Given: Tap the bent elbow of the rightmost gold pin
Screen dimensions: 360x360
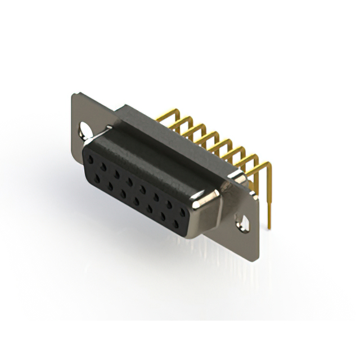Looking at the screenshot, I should coord(268,165).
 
